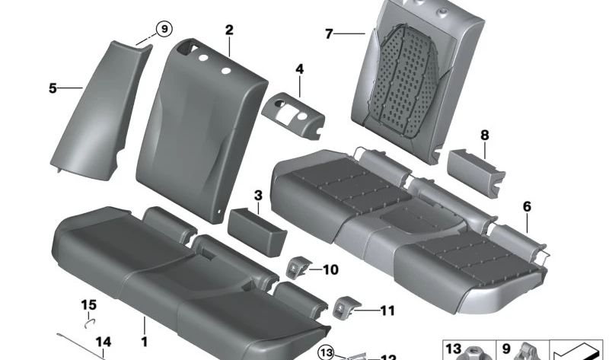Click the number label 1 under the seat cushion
pyautogui.click(x=144, y=332)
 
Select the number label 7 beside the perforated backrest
pyautogui.click(x=329, y=34)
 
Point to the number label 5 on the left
pyautogui.click(x=53, y=88)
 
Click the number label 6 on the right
pyautogui.click(x=527, y=206)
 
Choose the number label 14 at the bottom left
pyautogui.click(x=104, y=342)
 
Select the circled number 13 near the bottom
pyautogui.click(x=327, y=351)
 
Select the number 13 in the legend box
pyautogui.click(x=453, y=349)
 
